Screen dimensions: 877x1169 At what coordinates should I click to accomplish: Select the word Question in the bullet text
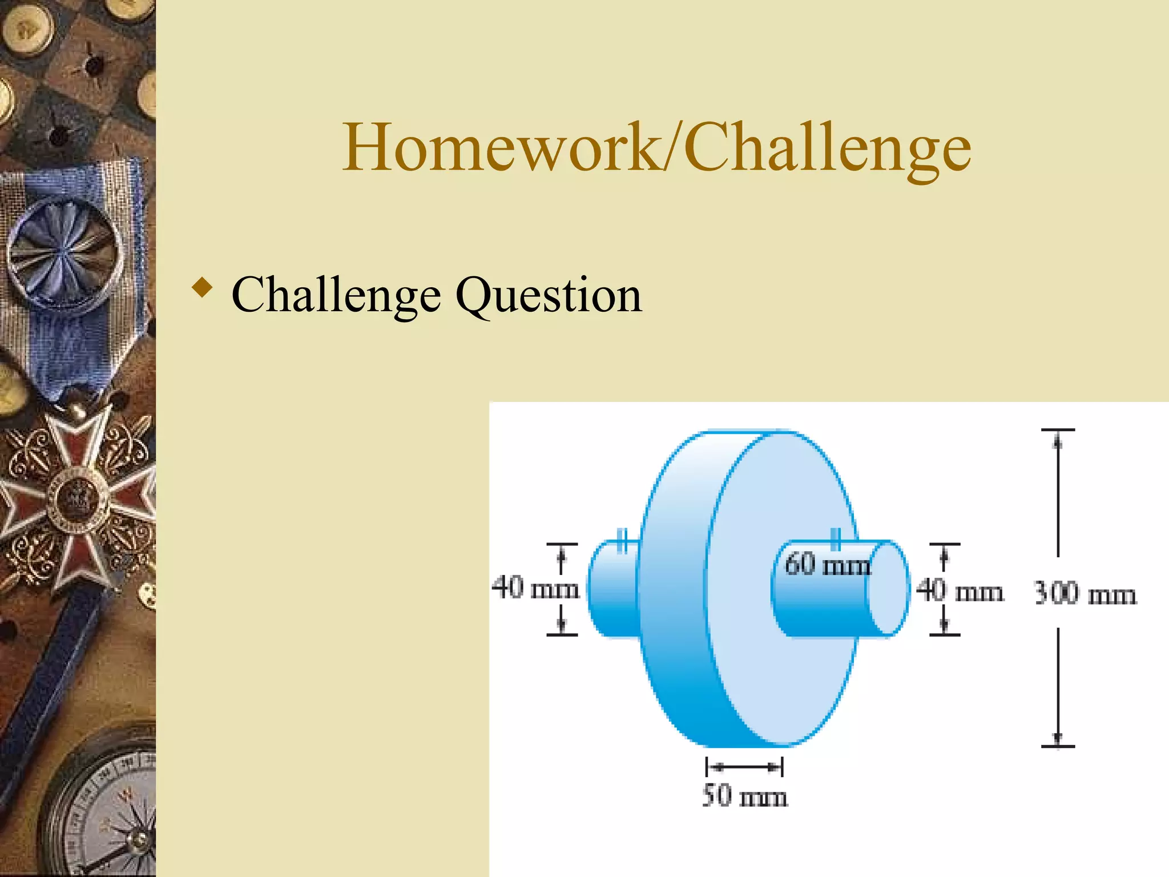point(548,295)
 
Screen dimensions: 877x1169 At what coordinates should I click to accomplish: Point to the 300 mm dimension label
point(1085,594)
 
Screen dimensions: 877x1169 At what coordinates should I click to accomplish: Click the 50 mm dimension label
point(744,795)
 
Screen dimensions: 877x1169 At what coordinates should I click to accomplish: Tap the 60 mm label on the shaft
point(827,564)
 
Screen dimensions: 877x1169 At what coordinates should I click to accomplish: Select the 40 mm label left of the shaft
point(535,588)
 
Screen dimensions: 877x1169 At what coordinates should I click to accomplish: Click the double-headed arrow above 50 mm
point(744,767)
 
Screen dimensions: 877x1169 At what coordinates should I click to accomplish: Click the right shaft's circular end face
point(888,588)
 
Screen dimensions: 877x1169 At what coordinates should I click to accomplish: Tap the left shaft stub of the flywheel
point(612,588)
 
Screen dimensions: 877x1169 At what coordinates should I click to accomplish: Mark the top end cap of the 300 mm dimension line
point(1058,430)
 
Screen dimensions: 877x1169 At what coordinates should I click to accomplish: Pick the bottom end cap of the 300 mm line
point(1058,746)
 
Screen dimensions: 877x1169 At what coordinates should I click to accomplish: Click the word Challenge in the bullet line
point(336,295)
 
